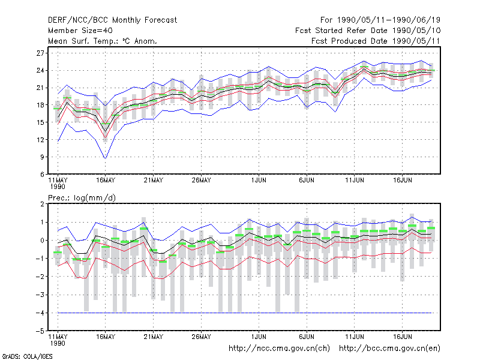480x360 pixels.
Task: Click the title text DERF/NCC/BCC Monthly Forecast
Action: [x=112, y=20]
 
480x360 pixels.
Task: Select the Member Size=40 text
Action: [x=80, y=31]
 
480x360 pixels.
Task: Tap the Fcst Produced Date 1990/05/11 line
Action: [x=376, y=41]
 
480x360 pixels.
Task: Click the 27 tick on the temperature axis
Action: [x=40, y=53]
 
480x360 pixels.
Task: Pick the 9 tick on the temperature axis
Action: [x=42, y=157]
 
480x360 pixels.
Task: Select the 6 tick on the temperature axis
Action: [x=42, y=175]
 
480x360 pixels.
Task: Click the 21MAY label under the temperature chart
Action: [x=154, y=181]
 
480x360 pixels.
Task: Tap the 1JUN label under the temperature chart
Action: [x=259, y=181]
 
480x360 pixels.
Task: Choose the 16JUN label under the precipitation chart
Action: [x=402, y=337]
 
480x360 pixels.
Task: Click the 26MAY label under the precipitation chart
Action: [x=201, y=337]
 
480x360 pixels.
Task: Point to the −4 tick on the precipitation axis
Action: [x=40, y=313]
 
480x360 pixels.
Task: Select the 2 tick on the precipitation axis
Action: [x=42, y=204]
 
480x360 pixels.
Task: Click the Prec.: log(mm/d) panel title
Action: [x=82, y=198]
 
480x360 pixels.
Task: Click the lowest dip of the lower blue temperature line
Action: [x=106, y=158]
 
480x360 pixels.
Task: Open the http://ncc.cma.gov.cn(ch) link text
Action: [x=279, y=349]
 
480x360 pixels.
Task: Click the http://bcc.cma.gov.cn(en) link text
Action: [x=389, y=349]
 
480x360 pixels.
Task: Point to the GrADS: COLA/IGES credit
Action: [x=27, y=356]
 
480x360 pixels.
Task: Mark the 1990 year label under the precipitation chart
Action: [x=58, y=343]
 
